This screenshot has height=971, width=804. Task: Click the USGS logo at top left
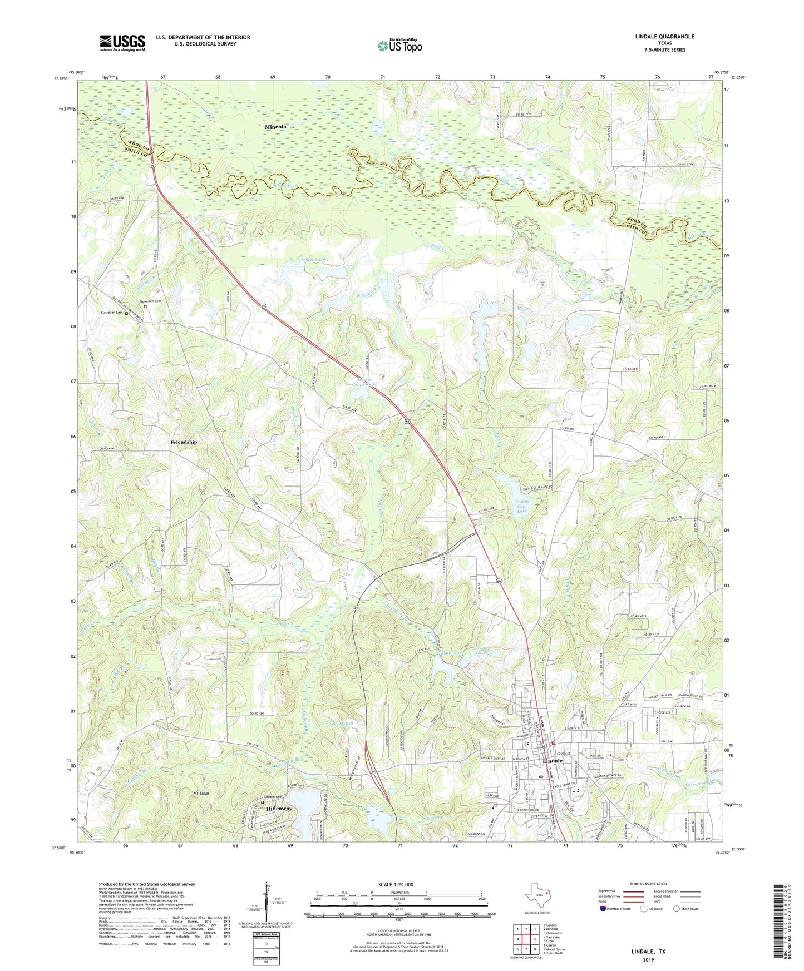[122, 42]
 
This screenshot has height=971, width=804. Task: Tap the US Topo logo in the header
[399, 46]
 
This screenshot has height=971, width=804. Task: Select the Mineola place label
[275, 127]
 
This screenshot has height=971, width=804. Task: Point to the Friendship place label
[184, 442]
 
